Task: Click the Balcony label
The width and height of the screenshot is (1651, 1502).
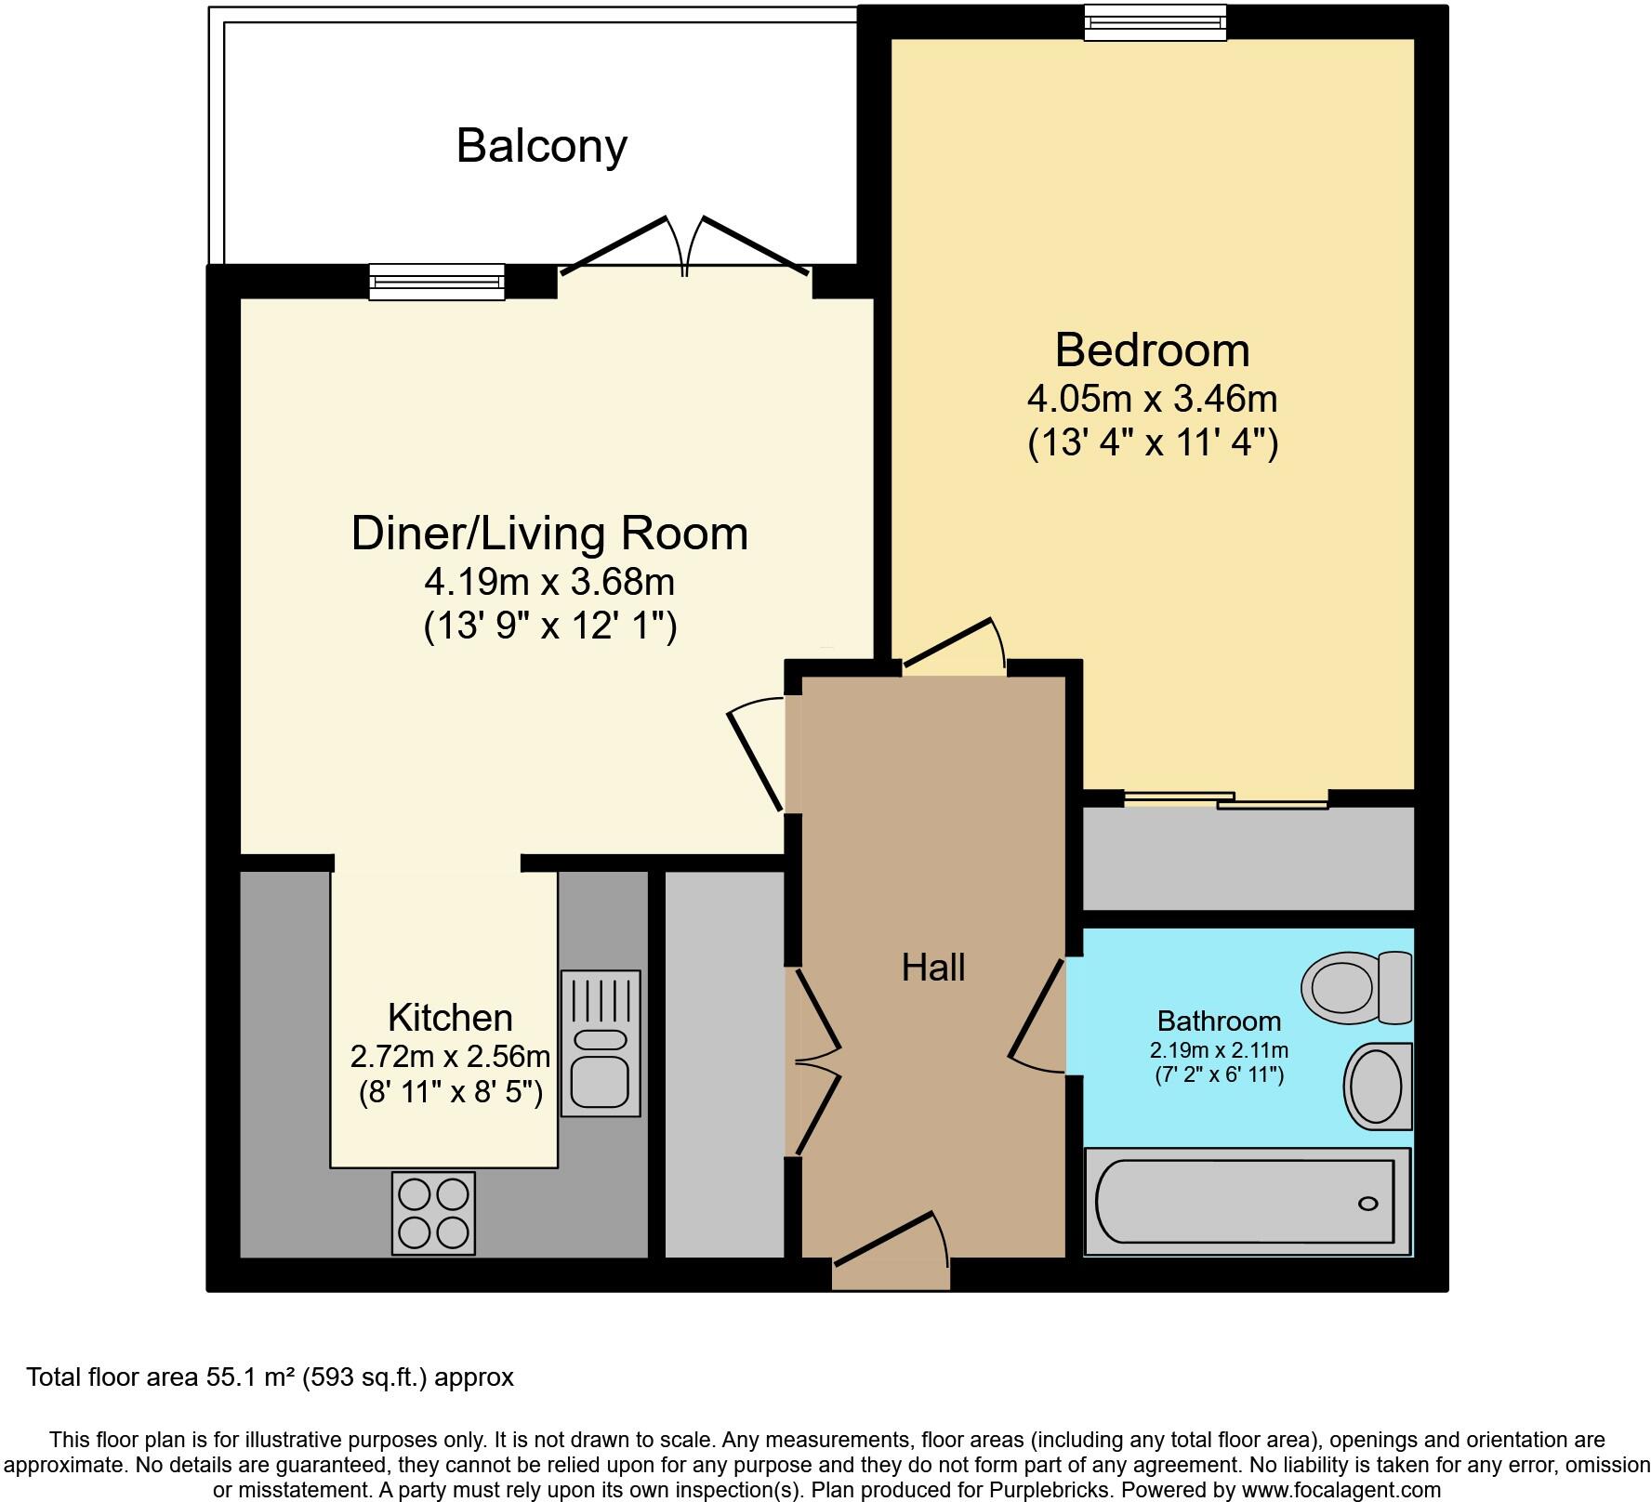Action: (x=542, y=146)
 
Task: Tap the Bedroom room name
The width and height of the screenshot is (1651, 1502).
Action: (x=1152, y=350)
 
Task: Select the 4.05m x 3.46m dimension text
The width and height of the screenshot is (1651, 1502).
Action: (x=1152, y=399)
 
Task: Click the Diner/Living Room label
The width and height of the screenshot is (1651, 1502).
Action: (x=549, y=534)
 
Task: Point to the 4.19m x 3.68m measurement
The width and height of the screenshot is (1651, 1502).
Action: (x=549, y=583)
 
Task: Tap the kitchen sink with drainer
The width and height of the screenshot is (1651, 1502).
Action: (x=601, y=1042)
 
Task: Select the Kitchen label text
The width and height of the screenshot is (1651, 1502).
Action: (x=450, y=1018)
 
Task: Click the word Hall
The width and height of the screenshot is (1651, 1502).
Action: (x=933, y=968)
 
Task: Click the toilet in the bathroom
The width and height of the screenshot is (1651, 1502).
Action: (x=1357, y=987)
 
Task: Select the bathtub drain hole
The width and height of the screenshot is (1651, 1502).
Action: (x=1368, y=1204)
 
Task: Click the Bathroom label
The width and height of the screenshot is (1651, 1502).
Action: (x=1219, y=1021)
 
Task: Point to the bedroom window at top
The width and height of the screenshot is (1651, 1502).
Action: (x=1155, y=22)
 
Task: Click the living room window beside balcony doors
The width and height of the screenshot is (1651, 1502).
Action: (x=437, y=282)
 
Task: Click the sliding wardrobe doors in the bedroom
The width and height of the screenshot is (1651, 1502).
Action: (x=1226, y=799)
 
